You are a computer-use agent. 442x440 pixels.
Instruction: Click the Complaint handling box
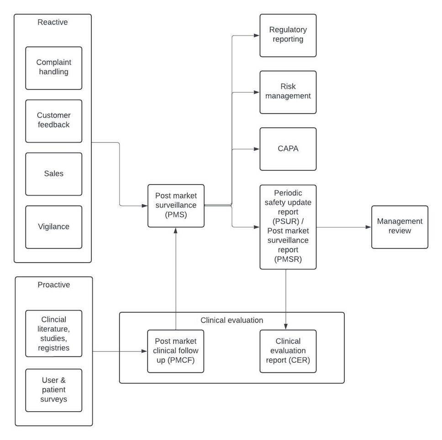coord(53,68)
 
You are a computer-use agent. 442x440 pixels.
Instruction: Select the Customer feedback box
coord(53,121)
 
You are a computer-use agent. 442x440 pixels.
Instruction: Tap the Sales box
coord(53,174)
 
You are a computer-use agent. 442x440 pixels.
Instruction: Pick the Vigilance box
coord(53,227)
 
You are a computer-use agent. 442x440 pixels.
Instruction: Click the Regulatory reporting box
coord(288,36)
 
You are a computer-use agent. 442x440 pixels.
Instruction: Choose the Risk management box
coord(288,92)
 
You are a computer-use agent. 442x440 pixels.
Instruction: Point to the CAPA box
coord(288,149)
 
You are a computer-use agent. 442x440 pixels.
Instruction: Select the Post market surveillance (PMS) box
coord(176,206)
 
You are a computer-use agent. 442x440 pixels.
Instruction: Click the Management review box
coord(400,227)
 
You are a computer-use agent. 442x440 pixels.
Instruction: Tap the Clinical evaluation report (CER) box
coord(288,351)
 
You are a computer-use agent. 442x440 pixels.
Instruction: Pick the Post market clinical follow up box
coord(176,351)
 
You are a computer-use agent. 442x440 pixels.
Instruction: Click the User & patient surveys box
coord(53,390)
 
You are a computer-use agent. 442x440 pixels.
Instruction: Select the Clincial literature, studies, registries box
coord(53,334)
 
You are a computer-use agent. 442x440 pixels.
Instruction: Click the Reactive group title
coord(53,22)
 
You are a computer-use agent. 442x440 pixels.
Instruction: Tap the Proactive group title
coord(53,285)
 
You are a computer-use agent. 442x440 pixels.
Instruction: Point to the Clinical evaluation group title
coord(232,320)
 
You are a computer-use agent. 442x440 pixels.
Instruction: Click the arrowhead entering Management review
coord(368,227)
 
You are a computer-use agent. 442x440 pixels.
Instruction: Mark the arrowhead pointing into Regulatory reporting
coord(257,36)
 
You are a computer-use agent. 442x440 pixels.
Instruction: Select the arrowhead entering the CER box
coord(286,327)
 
